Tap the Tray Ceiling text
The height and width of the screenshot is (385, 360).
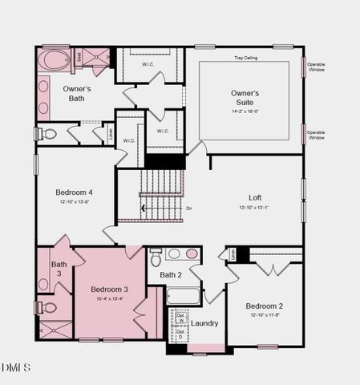click(x=245, y=58)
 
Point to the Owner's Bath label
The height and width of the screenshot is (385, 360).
click(x=76, y=94)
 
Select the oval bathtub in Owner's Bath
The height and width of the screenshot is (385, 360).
click(x=55, y=60)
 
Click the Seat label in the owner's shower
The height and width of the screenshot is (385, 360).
click(x=79, y=56)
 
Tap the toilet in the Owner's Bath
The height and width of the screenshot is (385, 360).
click(x=48, y=134)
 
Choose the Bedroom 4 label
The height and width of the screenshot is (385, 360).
click(x=74, y=192)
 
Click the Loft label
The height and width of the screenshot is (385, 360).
click(x=255, y=197)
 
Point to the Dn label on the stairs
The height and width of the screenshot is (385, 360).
click(x=189, y=209)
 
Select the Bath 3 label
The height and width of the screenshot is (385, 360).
click(x=59, y=269)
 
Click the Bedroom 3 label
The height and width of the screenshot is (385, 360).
click(x=109, y=289)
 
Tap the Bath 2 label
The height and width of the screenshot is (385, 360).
click(x=171, y=275)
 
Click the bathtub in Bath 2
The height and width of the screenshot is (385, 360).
click(x=183, y=295)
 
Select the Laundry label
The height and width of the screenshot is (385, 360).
click(x=205, y=323)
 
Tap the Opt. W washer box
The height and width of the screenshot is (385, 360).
click(x=180, y=315)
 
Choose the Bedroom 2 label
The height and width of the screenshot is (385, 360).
click(x=265, y=306)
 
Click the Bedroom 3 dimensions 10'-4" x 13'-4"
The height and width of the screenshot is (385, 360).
click(x=109, y=299)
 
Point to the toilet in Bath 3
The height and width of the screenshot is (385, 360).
click(x=48, y=307)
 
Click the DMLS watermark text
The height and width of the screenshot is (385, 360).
click(x=16, y=367)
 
